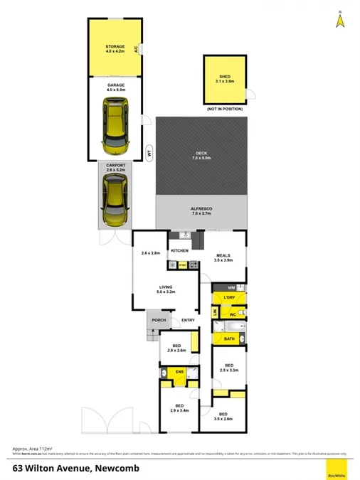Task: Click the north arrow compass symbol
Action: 340,21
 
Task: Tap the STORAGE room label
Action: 115,46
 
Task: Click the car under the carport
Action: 114,202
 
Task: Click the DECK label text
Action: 202,154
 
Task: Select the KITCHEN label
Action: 179,251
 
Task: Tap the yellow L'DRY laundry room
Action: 230,297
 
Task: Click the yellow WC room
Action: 231,314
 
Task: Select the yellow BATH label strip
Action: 229,338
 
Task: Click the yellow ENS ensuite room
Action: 180,373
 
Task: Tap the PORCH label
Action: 158,320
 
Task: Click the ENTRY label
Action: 188,320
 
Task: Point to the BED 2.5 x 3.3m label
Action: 228,368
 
